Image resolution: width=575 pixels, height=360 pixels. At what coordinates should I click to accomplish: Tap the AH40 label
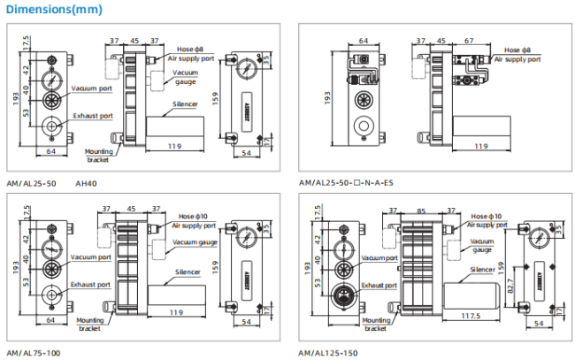pos(86,183)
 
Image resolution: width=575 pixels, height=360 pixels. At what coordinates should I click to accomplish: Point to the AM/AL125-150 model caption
pos(327,352)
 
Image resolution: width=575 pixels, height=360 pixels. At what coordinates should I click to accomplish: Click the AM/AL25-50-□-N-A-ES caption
pos(347,183)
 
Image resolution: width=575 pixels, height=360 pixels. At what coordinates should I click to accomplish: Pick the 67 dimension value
pos(469,40)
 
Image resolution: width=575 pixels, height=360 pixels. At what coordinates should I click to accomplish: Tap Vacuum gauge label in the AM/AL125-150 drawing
pos(481,245)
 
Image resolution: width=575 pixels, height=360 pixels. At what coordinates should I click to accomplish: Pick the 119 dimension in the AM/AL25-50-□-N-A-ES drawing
pos(480,146)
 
